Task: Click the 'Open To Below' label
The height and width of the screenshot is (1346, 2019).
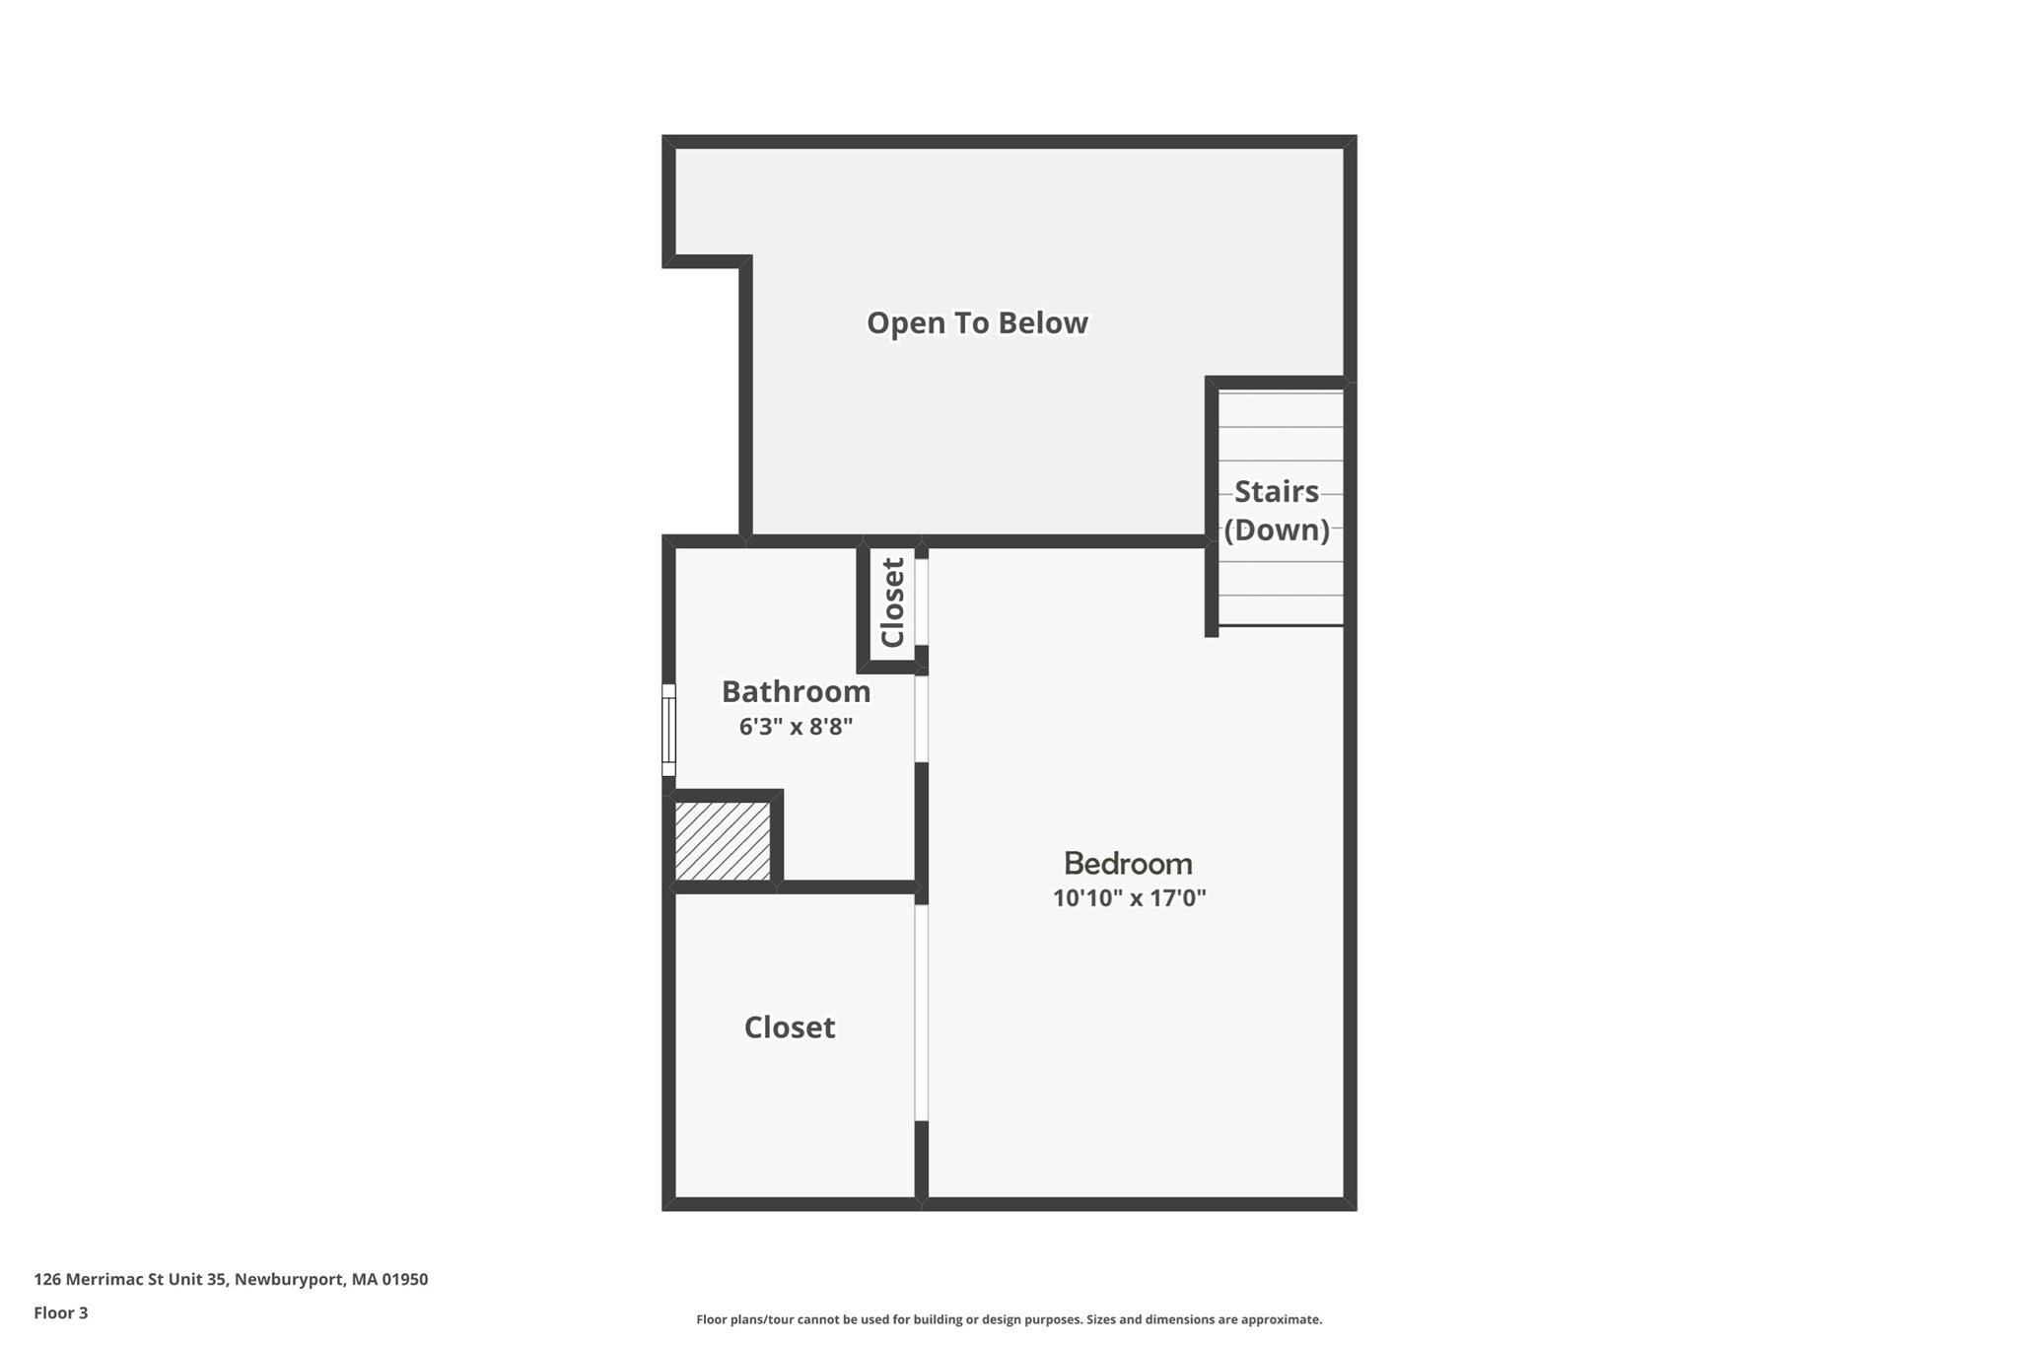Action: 977,323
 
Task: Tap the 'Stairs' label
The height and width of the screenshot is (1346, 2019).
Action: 1276,491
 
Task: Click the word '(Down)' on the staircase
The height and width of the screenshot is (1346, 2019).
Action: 1277,530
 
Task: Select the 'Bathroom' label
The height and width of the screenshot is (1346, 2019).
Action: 796,691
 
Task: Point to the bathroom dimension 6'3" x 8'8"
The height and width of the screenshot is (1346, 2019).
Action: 796,727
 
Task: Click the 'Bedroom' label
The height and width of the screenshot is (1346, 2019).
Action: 1128,864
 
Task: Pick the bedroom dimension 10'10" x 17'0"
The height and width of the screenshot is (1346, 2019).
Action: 1129,898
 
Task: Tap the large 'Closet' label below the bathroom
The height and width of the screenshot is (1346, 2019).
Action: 789,1027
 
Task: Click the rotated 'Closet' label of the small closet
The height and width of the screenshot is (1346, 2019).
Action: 892,602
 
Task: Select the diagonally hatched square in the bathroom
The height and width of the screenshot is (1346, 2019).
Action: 723,841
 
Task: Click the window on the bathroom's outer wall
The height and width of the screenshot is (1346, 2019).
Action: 668,730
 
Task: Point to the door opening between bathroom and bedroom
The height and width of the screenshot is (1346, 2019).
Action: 922,718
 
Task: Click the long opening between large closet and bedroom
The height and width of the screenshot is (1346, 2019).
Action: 922,1012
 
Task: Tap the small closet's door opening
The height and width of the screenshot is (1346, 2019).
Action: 922,602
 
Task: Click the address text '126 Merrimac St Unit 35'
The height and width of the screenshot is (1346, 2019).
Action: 130,1279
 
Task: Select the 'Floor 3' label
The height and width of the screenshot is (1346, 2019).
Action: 61,1312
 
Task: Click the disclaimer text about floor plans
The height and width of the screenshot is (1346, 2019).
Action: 1009,1319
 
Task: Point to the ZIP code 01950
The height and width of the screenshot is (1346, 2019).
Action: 405,1279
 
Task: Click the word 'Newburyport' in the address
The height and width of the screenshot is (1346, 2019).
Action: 290,1279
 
